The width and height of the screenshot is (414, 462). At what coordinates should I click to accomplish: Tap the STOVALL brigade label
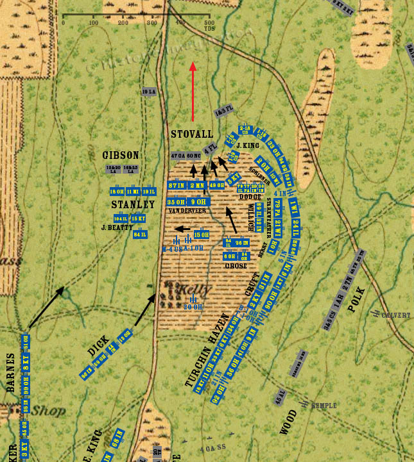tap(192, 134)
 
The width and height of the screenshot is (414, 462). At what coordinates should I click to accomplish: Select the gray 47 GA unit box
tap(178, 156)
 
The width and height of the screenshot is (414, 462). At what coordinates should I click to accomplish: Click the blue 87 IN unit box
tap(176, 185)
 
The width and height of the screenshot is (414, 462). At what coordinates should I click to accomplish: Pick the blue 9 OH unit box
tap(198, 202)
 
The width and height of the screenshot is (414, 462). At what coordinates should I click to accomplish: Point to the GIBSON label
tap(121, 155)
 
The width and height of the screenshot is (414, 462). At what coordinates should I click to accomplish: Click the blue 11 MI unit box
tap(133, 192)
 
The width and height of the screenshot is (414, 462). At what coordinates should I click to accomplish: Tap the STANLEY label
tap(133, 204)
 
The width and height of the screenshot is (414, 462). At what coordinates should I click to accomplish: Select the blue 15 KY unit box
tap(139, 219)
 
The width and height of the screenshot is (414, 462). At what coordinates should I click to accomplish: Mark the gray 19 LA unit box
tap(149, 92)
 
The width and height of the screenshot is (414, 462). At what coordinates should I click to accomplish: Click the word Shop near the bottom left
tap(49, 411)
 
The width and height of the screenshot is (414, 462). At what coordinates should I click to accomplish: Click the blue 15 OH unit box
tap(201, 235)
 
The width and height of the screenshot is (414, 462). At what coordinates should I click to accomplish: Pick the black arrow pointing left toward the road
tap(183, 228)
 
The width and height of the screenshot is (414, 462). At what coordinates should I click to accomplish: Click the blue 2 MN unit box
tap(198, 185)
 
